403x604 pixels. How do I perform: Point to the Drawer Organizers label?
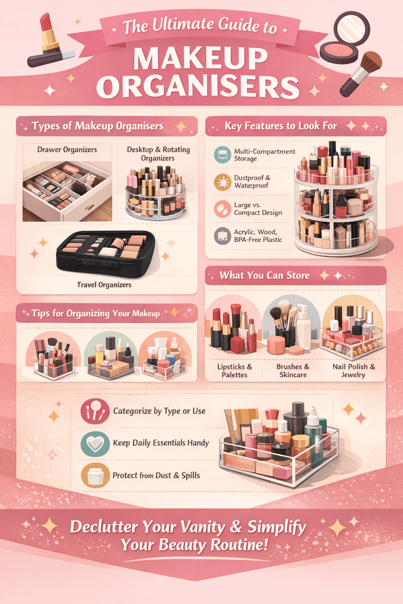[67, 150]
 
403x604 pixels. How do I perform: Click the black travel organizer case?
[105, 252]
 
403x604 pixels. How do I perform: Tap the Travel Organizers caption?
[104, 285]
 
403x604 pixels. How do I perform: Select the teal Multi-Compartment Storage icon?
[222, 155]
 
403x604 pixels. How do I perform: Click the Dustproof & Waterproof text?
[252, 182]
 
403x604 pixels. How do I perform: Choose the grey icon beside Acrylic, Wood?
[222, 236]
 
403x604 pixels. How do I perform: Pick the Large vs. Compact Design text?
[258, 209]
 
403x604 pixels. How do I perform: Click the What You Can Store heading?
[264, 276]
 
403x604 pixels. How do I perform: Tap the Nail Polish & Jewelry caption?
[353, 370]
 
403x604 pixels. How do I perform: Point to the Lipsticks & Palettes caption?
[235, 370]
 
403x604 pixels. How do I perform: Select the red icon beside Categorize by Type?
[95, 411]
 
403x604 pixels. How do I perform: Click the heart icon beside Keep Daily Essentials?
[95, 444]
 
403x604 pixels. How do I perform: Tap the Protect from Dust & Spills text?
[156, 475]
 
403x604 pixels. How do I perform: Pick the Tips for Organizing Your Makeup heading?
[96, 313]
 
